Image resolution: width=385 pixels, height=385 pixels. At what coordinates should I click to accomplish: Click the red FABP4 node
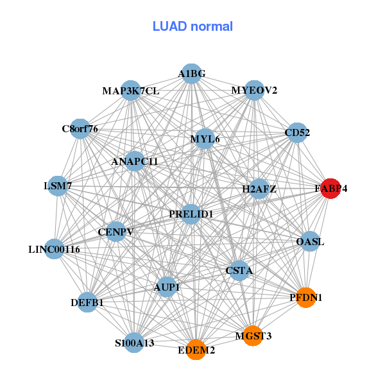[330, 189]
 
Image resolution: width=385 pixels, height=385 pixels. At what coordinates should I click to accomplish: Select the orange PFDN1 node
[306, 297]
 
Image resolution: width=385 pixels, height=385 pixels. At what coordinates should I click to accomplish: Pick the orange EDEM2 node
[196, 350]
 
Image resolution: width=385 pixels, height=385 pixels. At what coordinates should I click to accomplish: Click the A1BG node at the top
[191, 74]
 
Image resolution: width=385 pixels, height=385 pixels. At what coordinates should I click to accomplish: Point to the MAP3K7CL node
[130, 90]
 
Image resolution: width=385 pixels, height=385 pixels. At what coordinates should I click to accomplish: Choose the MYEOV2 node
[254, 90]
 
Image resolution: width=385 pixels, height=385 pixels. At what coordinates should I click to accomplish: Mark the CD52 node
[297, 133]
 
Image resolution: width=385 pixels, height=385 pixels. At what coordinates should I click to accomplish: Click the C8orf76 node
[80, 129]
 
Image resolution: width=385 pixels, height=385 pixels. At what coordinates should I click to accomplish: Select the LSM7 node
[58, 186]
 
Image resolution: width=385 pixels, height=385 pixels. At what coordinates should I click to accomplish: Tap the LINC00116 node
[55, 248]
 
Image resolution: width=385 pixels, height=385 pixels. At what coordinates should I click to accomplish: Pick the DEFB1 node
[87, 302]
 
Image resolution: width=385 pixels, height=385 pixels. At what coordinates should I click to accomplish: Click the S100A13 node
[134, 343]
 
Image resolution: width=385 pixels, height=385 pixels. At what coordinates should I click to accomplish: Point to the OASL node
[310, 242]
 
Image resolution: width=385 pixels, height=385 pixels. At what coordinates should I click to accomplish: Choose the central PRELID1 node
[191, 214]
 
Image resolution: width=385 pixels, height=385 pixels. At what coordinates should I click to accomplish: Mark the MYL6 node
[205, 139]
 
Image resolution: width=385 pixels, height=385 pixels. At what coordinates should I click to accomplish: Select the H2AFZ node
[259, 189]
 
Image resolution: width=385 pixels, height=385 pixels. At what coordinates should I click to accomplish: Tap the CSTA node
[239, 271]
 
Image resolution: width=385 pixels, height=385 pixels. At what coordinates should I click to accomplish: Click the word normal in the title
[211, 26]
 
